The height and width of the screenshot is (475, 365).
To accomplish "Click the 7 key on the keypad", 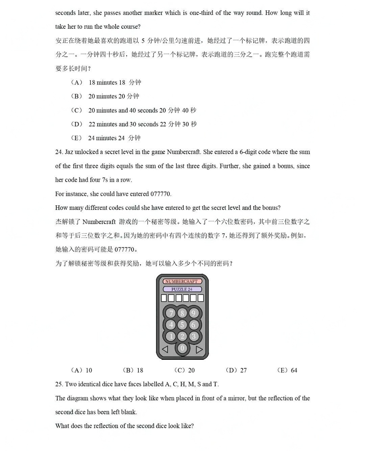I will pyautogui.click(x=171, y=313).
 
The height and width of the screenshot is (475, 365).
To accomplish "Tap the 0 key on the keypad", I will pyautogui.click(x=182, y=348).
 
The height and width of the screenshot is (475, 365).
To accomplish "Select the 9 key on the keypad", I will pyautogui.click(x=194, y=313).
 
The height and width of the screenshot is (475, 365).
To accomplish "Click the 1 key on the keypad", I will pyautogui.click(x=171, y=336).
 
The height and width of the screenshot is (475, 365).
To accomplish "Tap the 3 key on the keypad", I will pyautogui.click(x=194, y=336).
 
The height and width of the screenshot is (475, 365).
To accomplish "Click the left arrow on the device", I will pyautogui.click(x=165, y=349).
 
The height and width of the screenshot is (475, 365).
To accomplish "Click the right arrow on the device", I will pyautogui.click(x=199, y=349).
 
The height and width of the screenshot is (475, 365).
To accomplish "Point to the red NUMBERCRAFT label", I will pyautogui.click(x=182, y=281).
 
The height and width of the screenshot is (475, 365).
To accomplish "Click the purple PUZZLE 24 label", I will pyautogui.click(x=182, y=289).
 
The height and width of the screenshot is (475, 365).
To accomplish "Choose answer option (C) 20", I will pyautogui.click(x=185, y=370).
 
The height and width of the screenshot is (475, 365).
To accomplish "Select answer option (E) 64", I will pyautogui.click(x=287, y=370).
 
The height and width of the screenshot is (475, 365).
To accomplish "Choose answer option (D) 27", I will pyautogui.click(x=236, y=370).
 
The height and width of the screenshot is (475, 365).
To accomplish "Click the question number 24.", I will pyautogui.click(x=59, y=152).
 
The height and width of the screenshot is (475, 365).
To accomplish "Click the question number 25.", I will pyautogui.click(x=59, y=384).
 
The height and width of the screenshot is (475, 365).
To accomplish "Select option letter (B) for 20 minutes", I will pyautogui.click(x=77, y=96).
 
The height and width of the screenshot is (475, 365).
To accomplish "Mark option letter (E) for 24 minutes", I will pyautogui.click(x=77, y=138).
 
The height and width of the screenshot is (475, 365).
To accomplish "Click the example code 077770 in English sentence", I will pyautogui.click(x=161, y=194).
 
